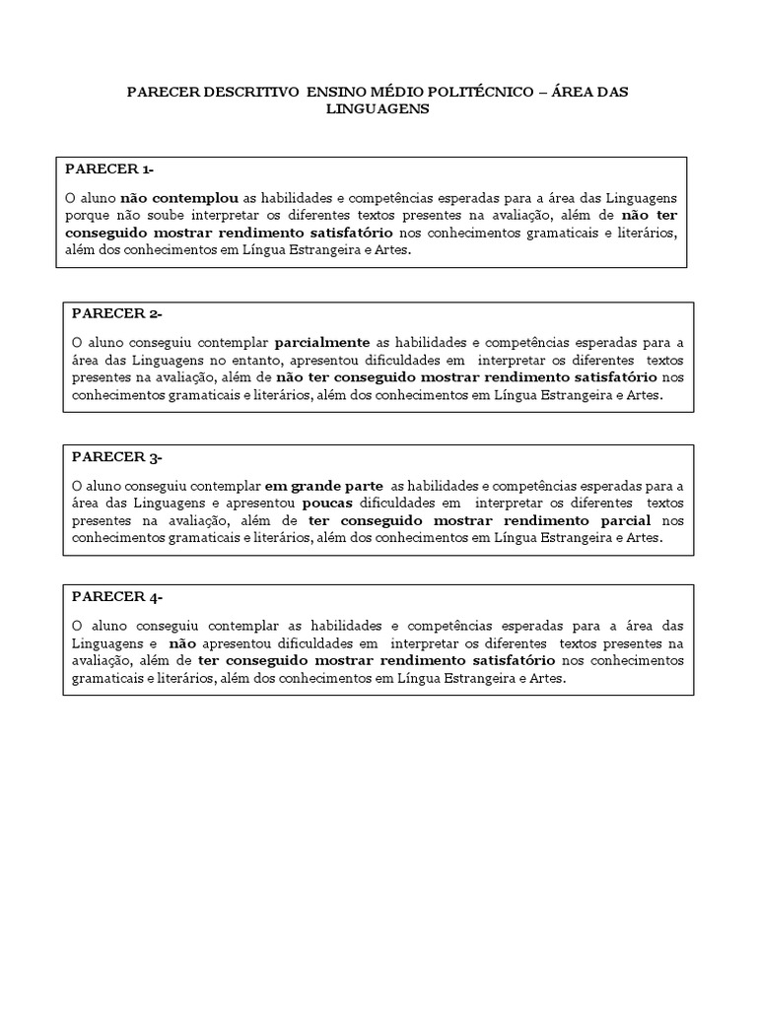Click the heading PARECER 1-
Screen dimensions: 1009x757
click(109, 168)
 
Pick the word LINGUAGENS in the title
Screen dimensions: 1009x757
click(378, 109)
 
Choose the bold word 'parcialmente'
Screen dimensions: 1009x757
click(321, 343)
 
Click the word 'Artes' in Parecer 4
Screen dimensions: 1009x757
click(547, 679)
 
